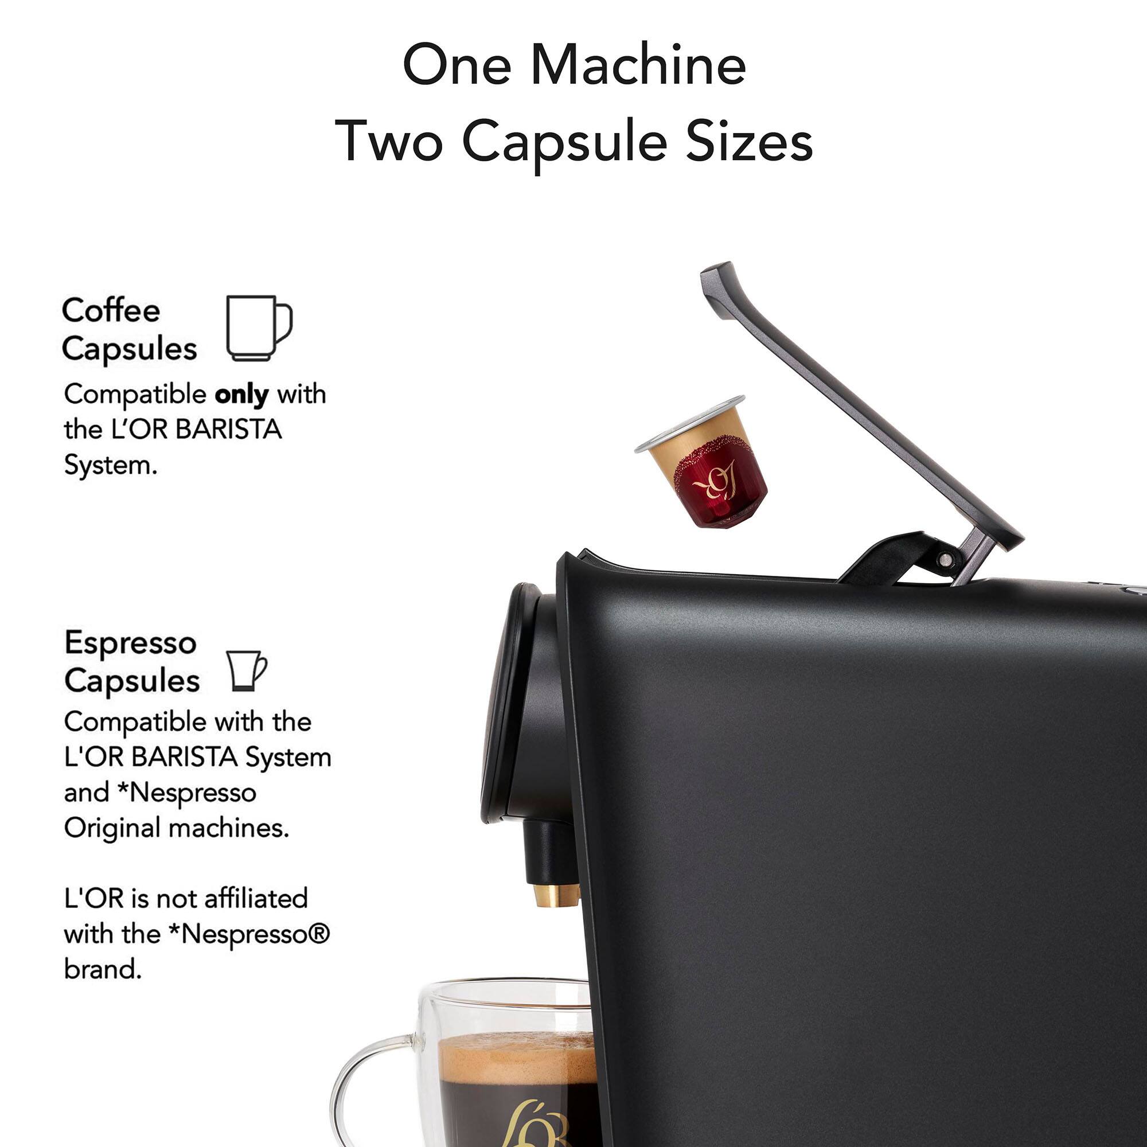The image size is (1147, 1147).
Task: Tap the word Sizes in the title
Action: click(749, 141)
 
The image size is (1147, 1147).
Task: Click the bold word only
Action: click(241, 395)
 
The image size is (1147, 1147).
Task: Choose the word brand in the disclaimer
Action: click(103, 969)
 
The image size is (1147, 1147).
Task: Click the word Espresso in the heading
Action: click(130, 642)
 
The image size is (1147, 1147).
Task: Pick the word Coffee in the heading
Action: click(111, 310)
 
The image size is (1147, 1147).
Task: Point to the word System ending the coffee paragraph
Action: click(111, 466)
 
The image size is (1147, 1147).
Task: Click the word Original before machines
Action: click(108, 828)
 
